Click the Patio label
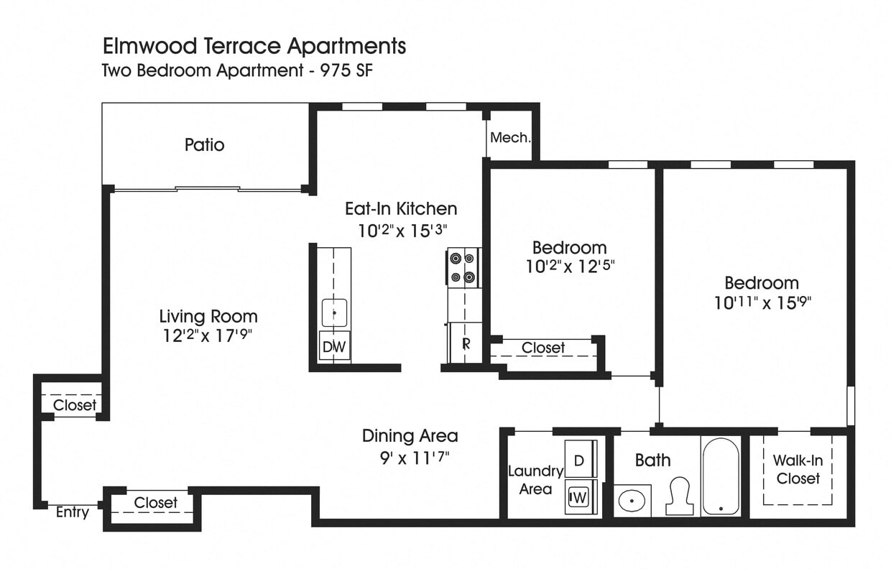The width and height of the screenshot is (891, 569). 205,145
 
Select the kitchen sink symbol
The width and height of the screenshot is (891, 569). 334,313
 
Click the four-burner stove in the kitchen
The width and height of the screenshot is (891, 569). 464,268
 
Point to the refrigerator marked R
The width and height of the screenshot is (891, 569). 465,343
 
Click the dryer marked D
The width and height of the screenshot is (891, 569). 579,461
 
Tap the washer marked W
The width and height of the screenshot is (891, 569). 579,497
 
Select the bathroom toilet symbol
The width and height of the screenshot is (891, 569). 679,496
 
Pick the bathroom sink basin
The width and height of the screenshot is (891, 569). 632,501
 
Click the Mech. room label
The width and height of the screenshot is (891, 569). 509,137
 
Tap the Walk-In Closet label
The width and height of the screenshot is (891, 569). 798,469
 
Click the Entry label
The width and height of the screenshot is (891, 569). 73,512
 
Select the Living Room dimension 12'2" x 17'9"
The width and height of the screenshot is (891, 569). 208,336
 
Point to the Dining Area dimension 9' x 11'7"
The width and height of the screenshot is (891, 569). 409,455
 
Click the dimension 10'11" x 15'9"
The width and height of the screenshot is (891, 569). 762,303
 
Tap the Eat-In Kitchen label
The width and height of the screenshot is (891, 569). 401,209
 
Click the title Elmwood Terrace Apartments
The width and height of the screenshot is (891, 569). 254,47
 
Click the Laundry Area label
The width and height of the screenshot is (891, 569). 535,480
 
